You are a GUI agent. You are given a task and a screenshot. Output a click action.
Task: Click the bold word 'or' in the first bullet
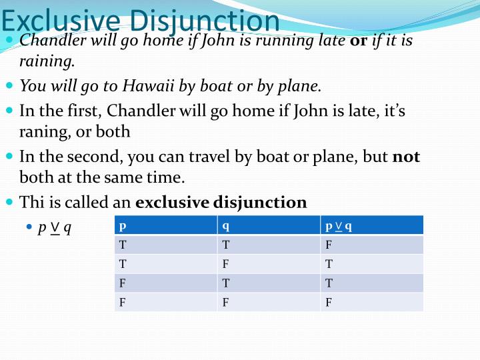click(359, 40)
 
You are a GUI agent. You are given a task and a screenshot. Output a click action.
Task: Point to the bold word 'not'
click(406, 157)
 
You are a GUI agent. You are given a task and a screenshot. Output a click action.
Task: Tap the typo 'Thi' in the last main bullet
click(30, 202)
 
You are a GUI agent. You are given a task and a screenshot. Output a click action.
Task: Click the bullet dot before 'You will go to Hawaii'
click(9, 86)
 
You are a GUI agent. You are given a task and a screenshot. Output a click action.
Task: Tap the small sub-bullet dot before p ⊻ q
click(29, 227)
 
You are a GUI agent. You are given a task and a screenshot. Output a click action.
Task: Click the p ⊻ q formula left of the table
click(55, 227)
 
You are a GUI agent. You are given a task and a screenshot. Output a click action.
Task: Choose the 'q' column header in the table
click(226, 225)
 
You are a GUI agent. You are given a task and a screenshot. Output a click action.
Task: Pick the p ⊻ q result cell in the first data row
click(329, 245)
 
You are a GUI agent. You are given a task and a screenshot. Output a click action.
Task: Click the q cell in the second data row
click(226, 264)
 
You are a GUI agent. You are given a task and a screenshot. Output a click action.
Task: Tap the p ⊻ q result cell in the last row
click(329, 302)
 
